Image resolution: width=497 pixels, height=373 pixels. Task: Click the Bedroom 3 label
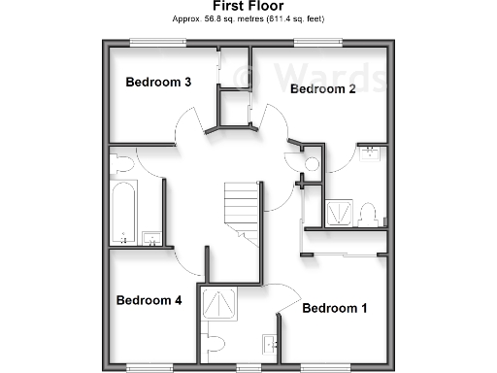coord(158,83)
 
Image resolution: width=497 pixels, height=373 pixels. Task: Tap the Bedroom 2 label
coord(323,89)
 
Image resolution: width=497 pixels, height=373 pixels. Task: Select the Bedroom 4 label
coord(149,300)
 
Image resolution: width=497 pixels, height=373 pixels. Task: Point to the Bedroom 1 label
coord(335,309)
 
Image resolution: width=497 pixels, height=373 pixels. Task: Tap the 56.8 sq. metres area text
coord(248,19)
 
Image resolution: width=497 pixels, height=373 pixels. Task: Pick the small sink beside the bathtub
coord(150,237)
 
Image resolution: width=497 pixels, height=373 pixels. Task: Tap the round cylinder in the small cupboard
coord(312,163)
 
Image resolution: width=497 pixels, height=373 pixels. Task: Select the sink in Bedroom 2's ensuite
coord(369,153)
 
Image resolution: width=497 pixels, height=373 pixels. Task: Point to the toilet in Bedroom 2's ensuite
coord(367,215)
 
